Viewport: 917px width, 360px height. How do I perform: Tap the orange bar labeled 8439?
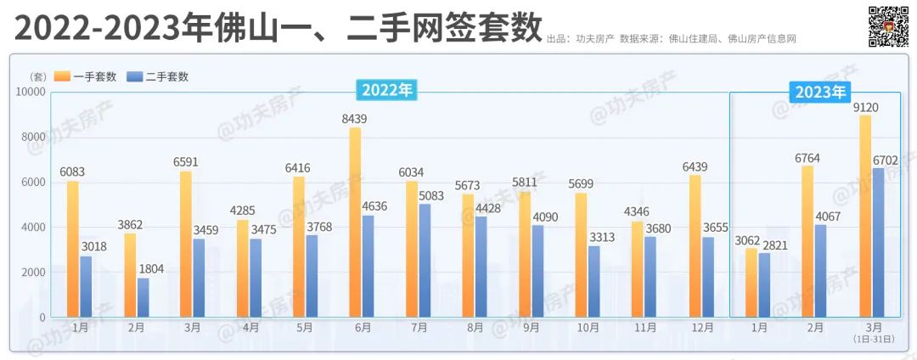coord(355,222)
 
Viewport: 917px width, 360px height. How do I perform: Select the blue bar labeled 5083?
coord(425,261)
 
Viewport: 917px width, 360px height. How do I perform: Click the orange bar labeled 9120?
coord(865,217)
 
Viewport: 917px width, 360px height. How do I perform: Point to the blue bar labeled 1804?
coord(143,298)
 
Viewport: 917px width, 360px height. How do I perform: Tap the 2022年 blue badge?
coord(388,91)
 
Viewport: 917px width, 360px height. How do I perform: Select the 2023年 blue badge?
coord(820,92)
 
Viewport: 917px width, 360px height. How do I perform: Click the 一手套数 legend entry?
coord(86,76)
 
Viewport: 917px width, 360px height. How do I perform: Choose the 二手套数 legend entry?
coord(158,76)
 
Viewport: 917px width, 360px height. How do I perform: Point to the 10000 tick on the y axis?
coord(31,92)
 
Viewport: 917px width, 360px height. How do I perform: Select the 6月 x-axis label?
coord(363,328)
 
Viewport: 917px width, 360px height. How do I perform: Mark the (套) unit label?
coord(36,76)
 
